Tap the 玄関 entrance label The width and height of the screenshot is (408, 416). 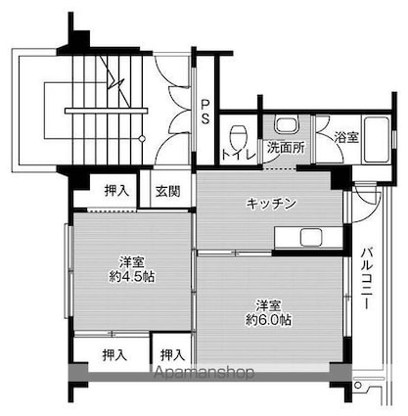(x=167, y=192)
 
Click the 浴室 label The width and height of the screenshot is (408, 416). (x=347, y=137)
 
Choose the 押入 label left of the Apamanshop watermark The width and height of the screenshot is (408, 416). (x=173, y=353)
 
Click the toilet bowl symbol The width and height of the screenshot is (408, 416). (x=237, y=133)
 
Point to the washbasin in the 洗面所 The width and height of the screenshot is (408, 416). (x=287, y=124)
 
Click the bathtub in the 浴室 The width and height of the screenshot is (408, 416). (x=347, y=157)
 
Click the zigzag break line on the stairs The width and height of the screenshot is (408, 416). (x=116, y=82)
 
